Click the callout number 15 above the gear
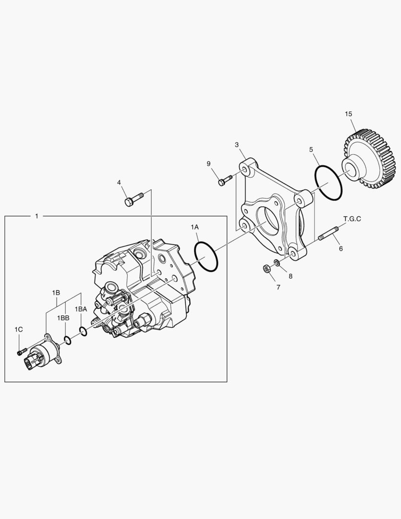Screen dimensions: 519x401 point(348,114)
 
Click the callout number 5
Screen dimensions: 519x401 point(311,149)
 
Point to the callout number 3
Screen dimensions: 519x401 point(237,145)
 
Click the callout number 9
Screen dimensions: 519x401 point(209,164)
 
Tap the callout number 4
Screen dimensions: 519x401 point(119,182)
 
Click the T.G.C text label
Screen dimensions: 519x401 point(352,219)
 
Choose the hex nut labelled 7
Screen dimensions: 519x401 point(268,269)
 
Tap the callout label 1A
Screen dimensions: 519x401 point(194,226)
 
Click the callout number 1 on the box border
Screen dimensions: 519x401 point(36,216)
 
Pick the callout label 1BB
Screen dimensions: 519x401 point(63,318)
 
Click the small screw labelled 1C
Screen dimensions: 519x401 point(20,353)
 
